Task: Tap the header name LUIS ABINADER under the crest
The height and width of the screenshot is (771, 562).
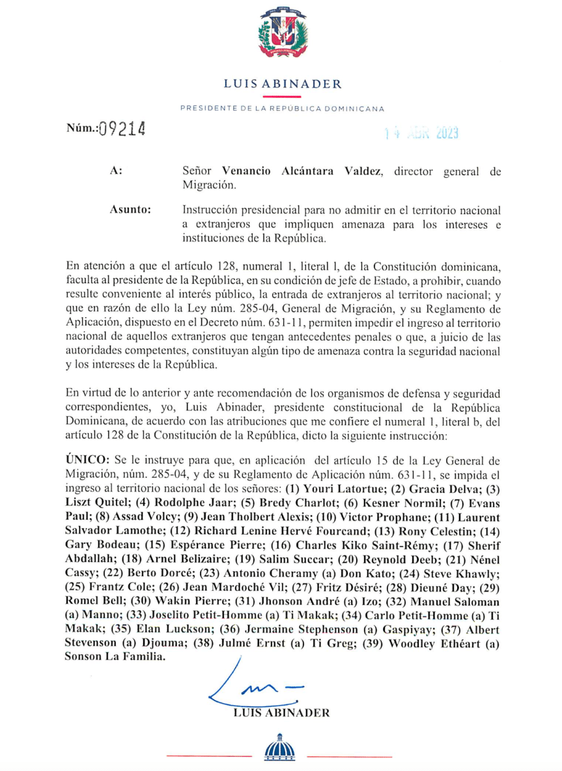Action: pos(282,84)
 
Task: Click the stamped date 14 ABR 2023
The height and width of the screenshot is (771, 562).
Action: pos(421,133)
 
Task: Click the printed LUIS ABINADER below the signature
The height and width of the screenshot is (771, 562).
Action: pos(281,712)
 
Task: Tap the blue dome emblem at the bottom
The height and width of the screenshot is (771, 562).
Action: pos(279,748)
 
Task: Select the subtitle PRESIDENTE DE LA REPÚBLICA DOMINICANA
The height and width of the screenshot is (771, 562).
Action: pos(282,109)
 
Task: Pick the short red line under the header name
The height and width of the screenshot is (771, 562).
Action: pos(282,96)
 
